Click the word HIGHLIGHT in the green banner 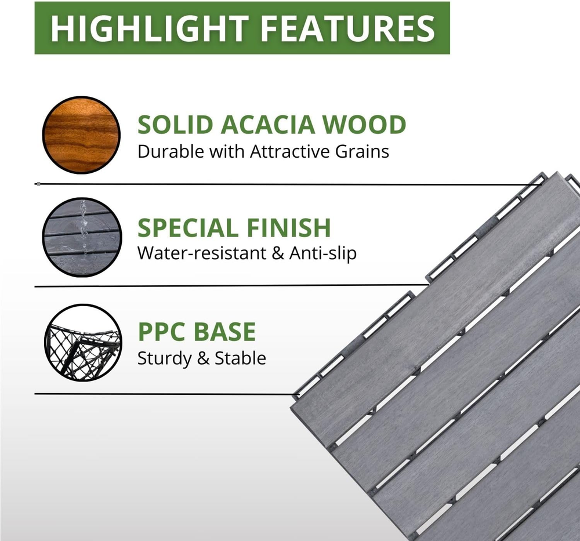coord(150,28)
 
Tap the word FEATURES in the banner coord(348,28)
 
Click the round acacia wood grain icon coord(81,135)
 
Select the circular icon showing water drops coord(82,237)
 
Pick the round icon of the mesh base coord(83,343)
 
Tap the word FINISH coord(288,227)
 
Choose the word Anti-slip coord(323,254)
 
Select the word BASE coord(225,332)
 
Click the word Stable coord(241,358)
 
